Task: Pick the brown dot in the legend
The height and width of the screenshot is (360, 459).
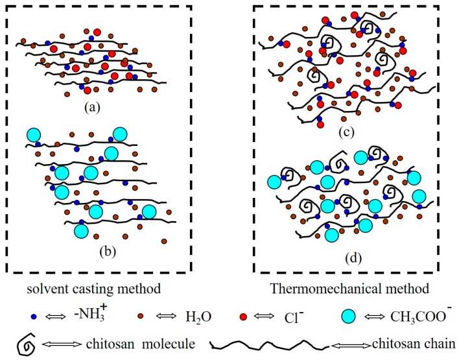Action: point(140,317)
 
